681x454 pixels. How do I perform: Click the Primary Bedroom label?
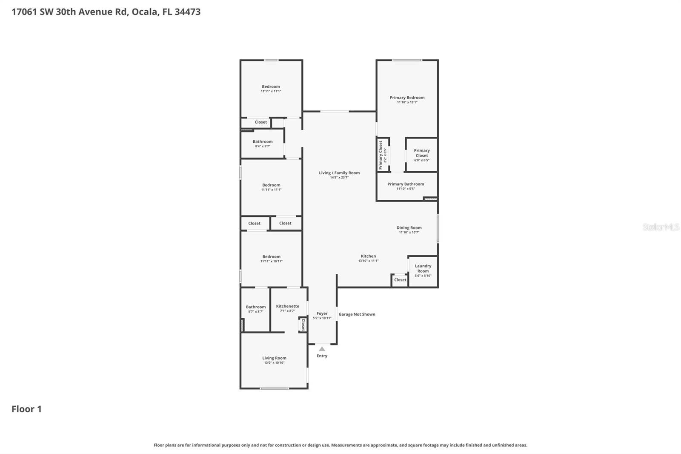coord(407,98)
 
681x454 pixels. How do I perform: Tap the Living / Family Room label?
coord(339,173)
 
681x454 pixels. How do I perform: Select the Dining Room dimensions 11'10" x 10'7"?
coord(409,233)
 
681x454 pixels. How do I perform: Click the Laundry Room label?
coord(423,268)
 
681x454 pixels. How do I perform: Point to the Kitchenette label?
coord(287,306)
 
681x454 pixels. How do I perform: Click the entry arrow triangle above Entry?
coord(322,349)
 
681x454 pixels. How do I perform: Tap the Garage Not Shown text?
coord(357,314)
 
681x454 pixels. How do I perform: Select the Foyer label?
coord(322,313)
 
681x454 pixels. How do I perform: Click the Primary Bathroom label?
coord(406,184)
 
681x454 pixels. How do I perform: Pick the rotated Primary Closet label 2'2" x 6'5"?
coord(383,155)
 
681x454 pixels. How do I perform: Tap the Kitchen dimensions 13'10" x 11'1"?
coord(368,261)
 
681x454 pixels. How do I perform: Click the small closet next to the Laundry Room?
coord(400,280)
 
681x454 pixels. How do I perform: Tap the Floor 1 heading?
coord(26,409)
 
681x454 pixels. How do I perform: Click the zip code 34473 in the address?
coord(187,11)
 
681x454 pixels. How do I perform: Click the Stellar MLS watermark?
coord(661,227)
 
